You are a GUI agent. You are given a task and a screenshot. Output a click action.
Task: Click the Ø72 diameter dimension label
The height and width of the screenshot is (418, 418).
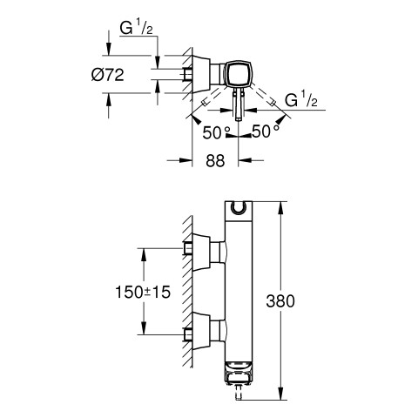pyautogui.click(x=108, y=75)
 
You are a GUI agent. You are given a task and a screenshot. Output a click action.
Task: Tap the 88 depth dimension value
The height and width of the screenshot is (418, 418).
pyautogui.click(x=215, y=160)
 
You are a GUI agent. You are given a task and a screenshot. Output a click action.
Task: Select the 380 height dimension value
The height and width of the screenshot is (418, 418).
pyautogui.click(x=280, y=301)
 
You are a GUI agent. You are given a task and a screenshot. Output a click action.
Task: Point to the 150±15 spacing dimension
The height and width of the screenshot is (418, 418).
pyautogui.click(x=143, y=292)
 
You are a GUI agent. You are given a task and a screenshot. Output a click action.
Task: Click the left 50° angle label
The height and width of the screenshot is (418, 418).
pyautogui.click(x=216, y=132)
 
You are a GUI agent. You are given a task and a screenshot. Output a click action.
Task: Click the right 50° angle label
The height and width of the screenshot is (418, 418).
pyautogui.click(x=266, y=131)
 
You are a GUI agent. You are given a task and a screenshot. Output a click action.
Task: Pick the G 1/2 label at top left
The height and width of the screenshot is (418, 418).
pyautogui.click(x=137, y=29)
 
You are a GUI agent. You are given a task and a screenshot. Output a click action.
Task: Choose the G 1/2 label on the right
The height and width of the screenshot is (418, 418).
pyautogui.click(x=301, y=99)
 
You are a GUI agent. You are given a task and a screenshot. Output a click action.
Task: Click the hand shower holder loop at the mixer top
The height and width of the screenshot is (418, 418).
pyautogui.click(x=239, y=207)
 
